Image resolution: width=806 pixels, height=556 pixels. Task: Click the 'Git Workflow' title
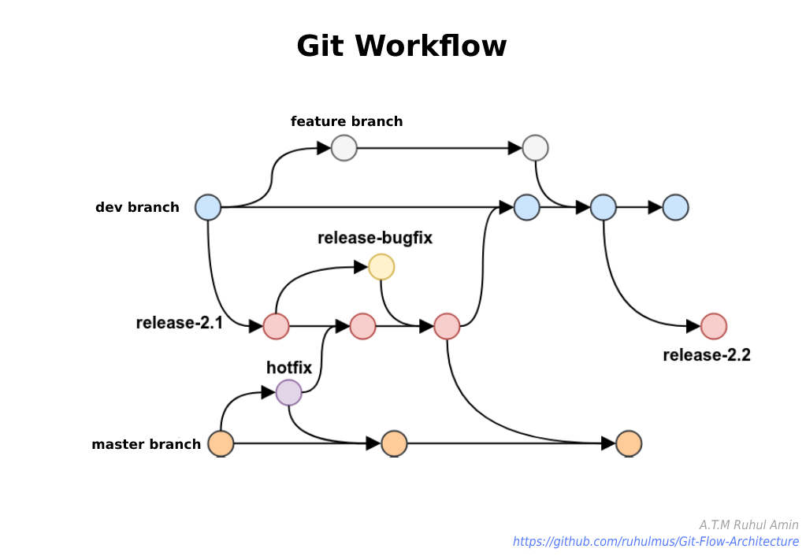pos(402,46)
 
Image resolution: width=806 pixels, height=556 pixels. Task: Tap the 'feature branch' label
pos(347,121)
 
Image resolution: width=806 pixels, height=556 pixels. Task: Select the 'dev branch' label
pos(137,208)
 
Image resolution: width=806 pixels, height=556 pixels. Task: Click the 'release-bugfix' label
pos(375,238)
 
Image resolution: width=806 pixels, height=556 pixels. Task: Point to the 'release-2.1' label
pos(179,322)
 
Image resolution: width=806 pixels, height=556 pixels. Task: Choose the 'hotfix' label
pos(289,367)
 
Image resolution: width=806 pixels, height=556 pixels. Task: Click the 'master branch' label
pos(146,444)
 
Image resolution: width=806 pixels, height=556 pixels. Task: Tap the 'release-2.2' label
pos(707,354)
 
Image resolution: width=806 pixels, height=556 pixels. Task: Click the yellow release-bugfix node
pos(381,268)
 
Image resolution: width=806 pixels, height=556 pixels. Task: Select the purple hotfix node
pos(289,392)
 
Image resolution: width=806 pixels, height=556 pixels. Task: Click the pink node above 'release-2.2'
pos(714,326)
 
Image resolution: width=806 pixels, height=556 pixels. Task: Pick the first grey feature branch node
pos(344,148)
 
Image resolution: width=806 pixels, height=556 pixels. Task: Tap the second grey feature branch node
pos(536,148)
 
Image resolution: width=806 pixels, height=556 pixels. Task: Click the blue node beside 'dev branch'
pos(208,208)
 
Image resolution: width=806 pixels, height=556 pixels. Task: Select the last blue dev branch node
pos(676,208)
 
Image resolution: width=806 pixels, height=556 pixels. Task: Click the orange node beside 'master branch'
pos(221,444)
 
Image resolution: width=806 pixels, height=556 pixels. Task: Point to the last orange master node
pos(629,444)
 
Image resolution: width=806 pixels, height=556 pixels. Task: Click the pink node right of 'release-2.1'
pos(276,326)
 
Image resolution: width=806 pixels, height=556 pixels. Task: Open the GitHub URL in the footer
pos(656,542)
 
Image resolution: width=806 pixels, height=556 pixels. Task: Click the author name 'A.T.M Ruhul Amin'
pos(748,524)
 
